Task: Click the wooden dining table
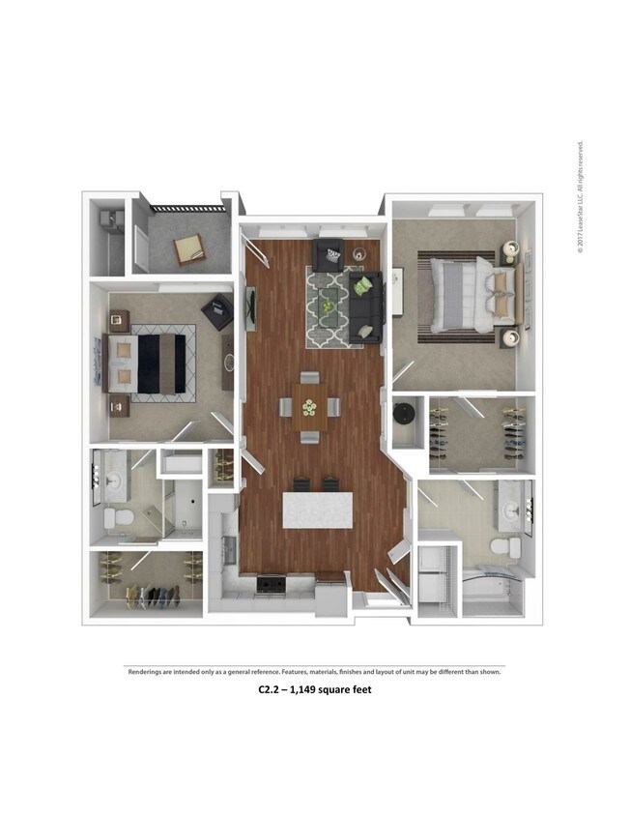click(309, 409)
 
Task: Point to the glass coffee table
click(328, 303)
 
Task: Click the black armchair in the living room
click(328, 254)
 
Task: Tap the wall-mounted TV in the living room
click(251, 306)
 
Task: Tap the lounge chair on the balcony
click(189, 250)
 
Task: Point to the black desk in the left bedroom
click(217, 310)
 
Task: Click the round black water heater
click(404, 416)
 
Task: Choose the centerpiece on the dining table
click(309, 407)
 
